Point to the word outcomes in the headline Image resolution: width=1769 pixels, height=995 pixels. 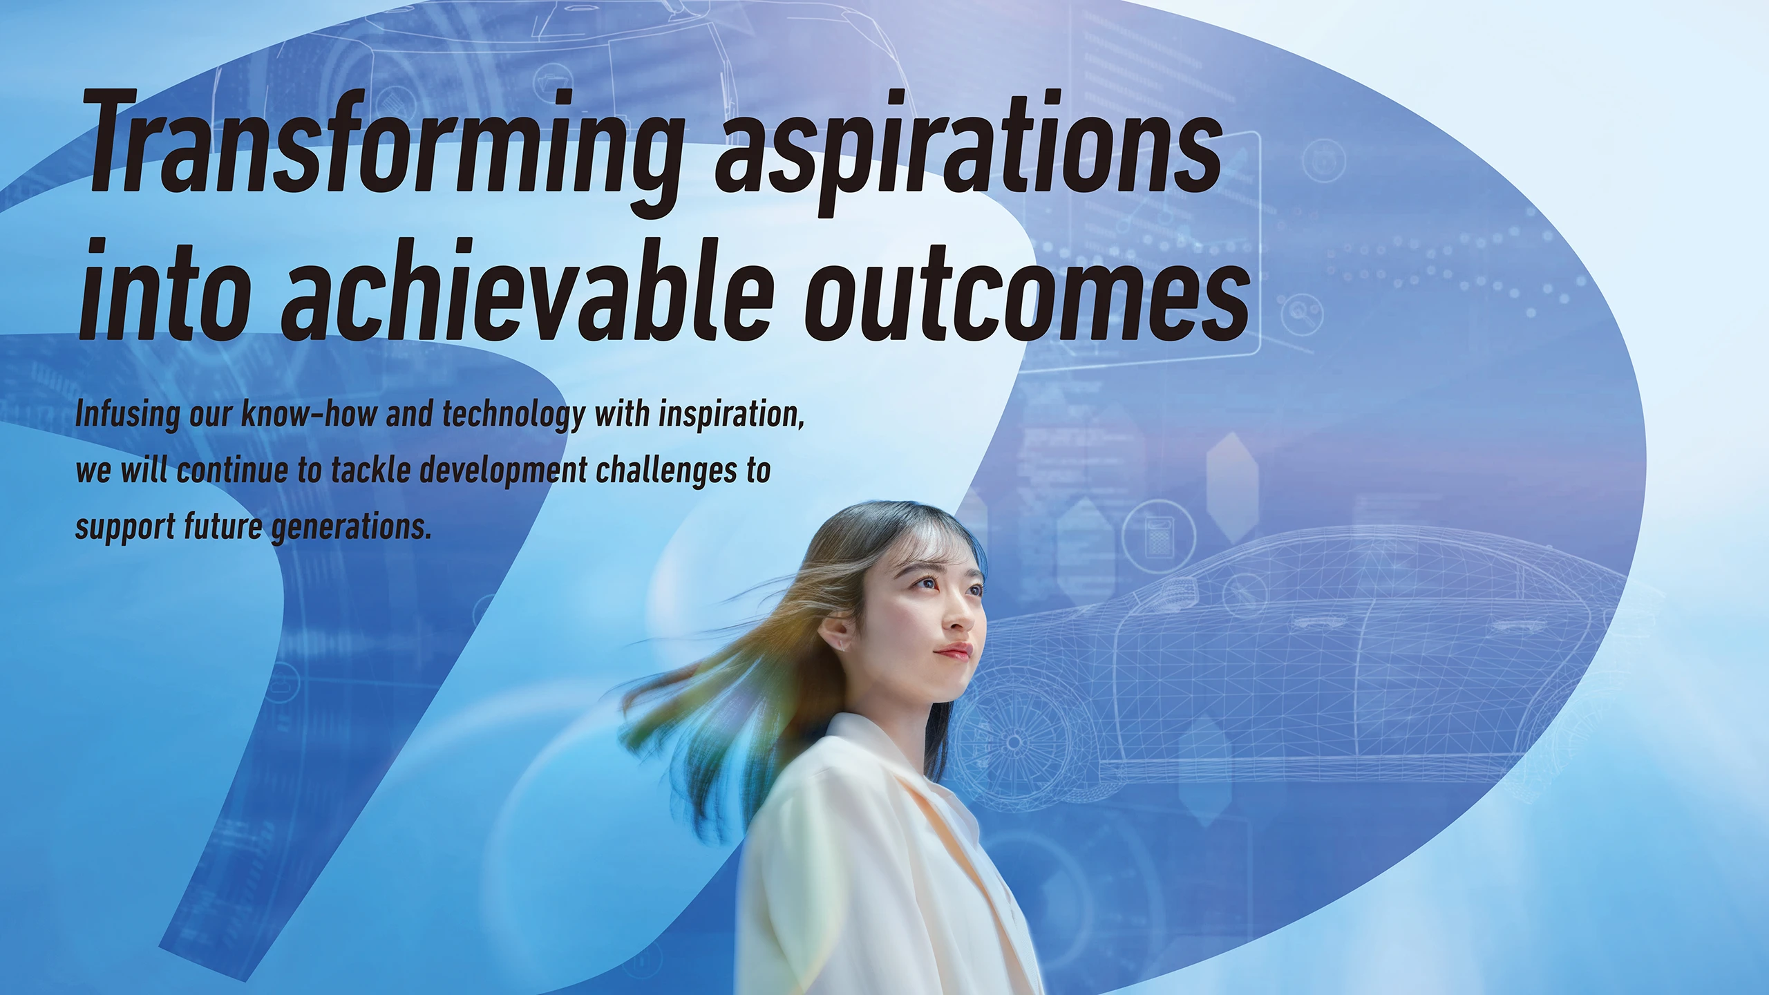1027,297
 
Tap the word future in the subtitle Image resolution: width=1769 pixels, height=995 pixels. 223,527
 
